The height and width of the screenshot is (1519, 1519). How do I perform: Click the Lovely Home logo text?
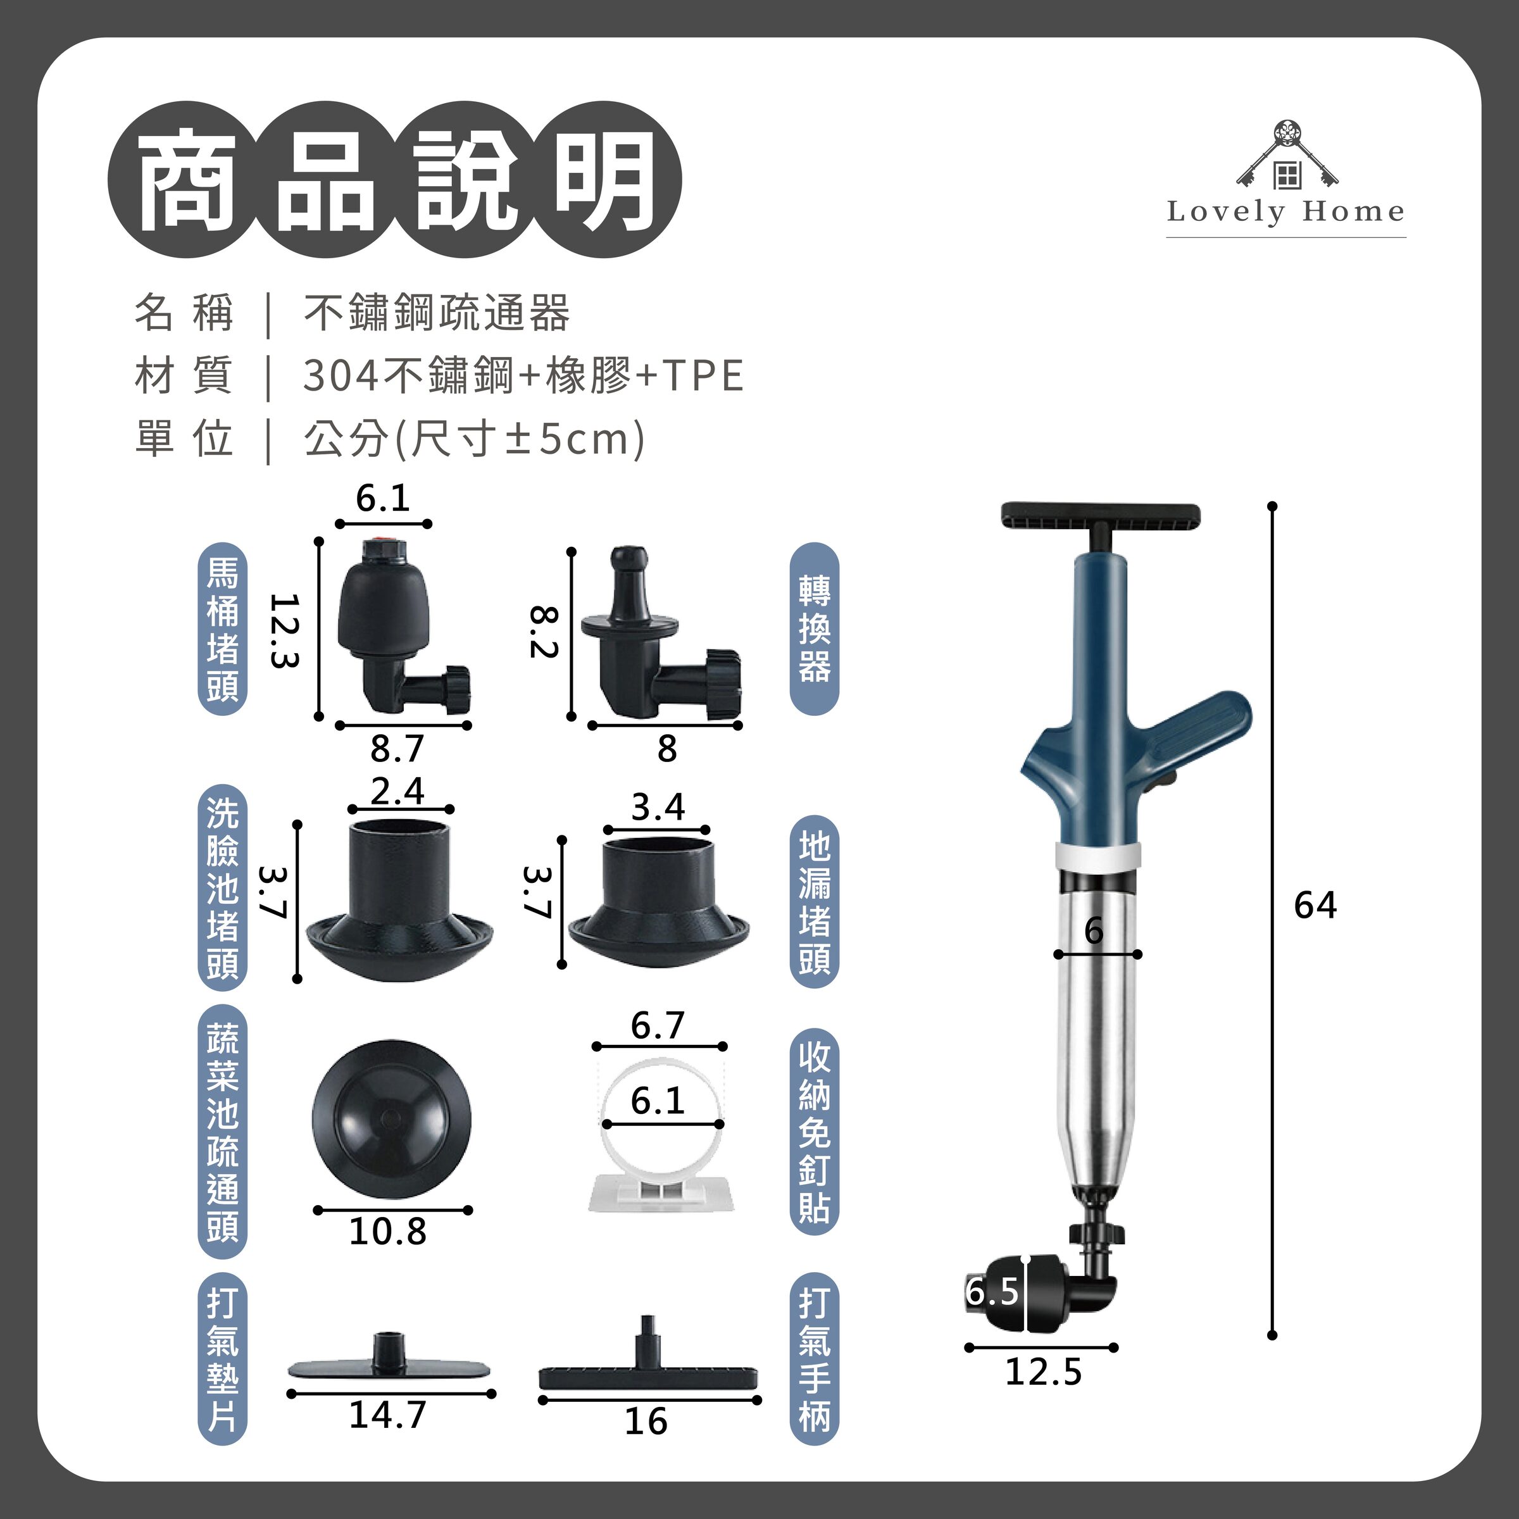[1285, 211]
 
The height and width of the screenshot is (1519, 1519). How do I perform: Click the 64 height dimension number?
[1315, 906]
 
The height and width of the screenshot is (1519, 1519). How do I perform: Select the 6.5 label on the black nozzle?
[992, 1291]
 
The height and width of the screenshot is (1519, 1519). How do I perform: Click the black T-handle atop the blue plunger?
[1100, 516]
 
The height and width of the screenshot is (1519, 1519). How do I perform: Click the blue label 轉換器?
[814, 629]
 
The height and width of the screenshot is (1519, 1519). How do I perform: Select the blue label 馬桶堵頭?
[223, 629]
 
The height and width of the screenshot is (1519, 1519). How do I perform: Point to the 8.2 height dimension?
[543, 632]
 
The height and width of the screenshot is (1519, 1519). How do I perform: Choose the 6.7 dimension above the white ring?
[658, 1025]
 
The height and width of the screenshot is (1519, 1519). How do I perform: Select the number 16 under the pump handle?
[646, 1422]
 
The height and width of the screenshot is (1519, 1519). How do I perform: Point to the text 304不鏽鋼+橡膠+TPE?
[523, 375]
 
